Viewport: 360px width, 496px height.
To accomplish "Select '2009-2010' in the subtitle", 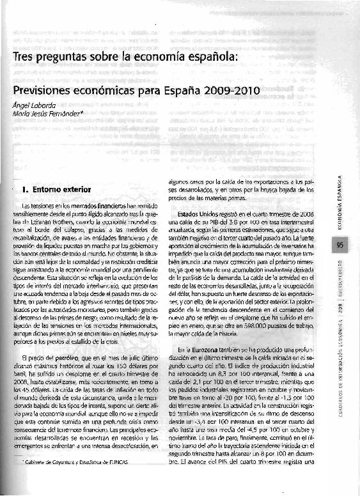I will click(230, 91).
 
